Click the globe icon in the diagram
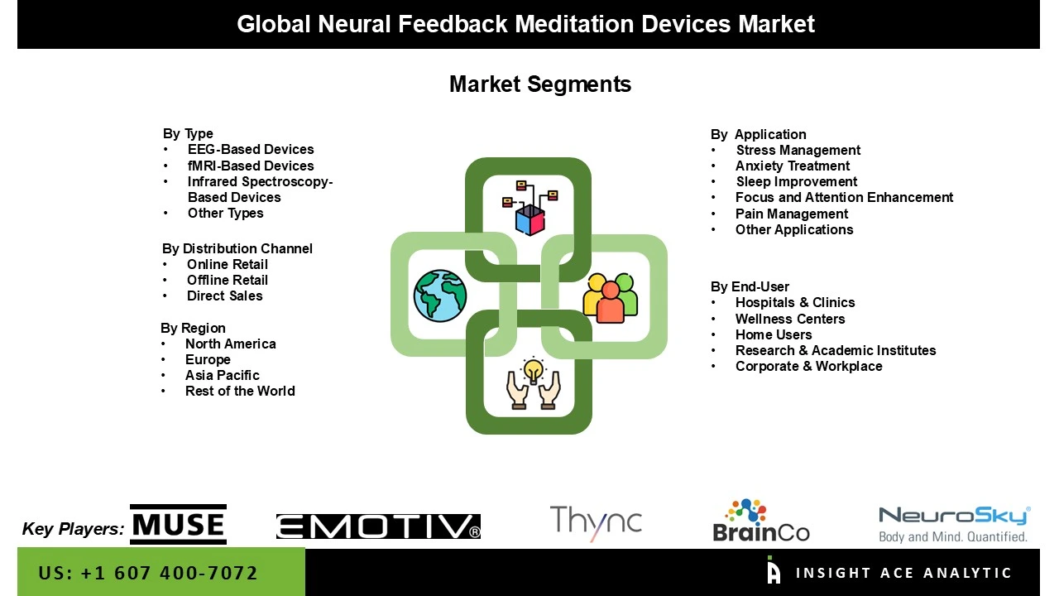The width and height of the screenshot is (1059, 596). coord(440,296)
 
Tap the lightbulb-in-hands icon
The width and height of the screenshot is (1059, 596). coord(534,384)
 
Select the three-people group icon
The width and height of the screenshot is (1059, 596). coord(611,297)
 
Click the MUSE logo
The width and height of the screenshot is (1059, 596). coord(178,525)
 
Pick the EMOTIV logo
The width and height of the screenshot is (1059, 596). coord(378,526)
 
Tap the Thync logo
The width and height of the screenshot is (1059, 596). coord(596,522)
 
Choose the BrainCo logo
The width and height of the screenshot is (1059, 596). coord(761,521)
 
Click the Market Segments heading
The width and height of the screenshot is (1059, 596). coord(539,84)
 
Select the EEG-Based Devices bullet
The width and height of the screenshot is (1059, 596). coord(251,150)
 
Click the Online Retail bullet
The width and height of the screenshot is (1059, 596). coord(228,265)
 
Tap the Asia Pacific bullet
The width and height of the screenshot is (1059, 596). coord(223,376)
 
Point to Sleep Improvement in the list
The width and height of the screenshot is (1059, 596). coord(797,182)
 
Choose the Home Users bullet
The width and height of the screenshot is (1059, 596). coord(774,335)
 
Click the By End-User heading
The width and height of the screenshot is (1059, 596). coord(750,287)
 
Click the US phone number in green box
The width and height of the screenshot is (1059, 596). coord(148,573)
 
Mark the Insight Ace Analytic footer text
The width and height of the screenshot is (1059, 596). coord(903,573)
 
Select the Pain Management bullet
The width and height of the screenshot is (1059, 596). coord(792,214)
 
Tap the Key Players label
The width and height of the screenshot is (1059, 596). coord(73,529)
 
